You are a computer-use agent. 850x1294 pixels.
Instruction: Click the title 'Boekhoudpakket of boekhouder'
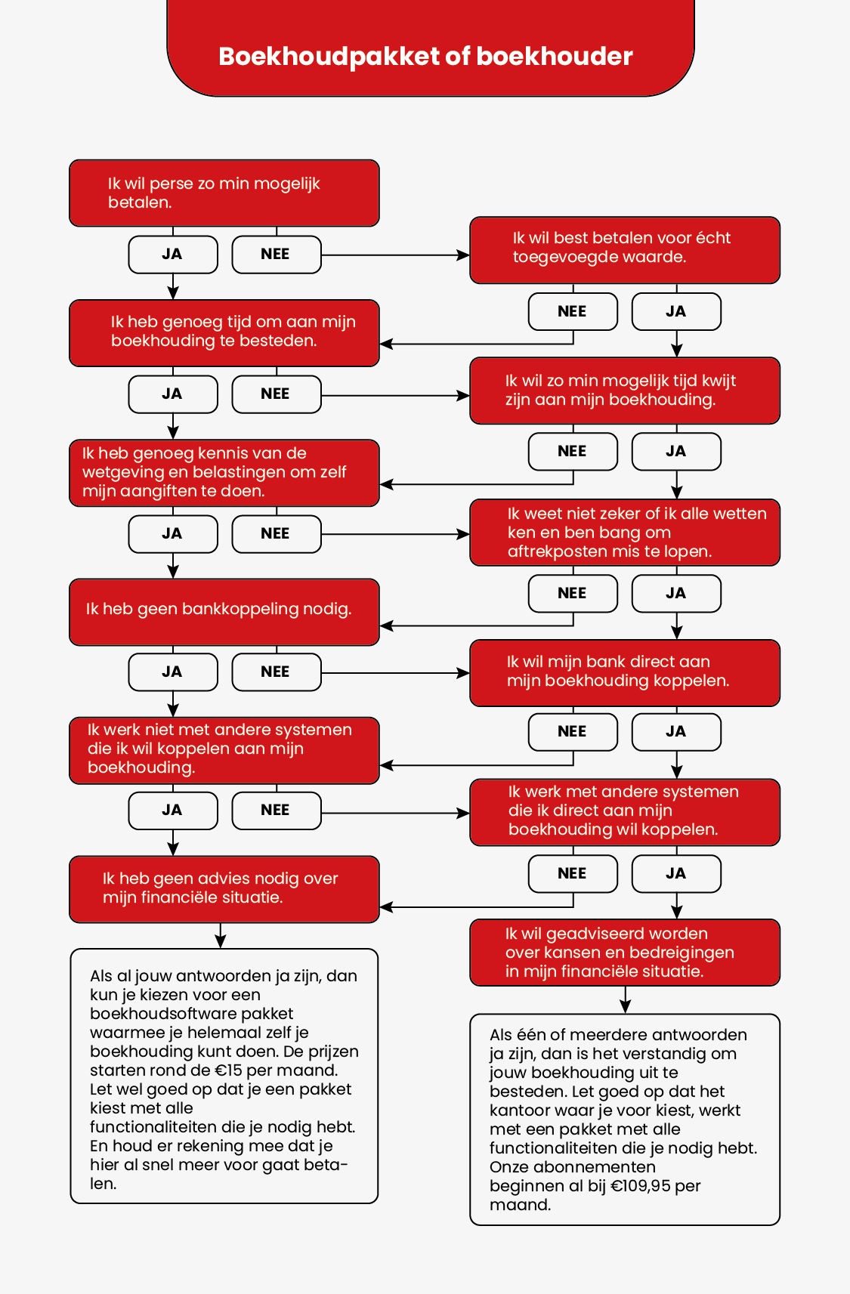point(425,57)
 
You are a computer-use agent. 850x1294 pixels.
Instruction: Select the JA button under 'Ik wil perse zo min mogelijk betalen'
point(173,255)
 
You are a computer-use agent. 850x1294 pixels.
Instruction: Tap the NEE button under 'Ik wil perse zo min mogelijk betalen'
point(276,255)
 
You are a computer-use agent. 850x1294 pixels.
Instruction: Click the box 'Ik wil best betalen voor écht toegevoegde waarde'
point(624,250)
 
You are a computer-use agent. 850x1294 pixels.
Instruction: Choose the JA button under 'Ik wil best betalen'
point(676,312)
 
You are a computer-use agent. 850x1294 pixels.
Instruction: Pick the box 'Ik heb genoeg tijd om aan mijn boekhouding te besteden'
point(224,332)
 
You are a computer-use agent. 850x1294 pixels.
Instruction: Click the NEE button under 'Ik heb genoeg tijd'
point(276,394)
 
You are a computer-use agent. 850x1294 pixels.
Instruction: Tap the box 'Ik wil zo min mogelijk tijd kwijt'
point(624,391)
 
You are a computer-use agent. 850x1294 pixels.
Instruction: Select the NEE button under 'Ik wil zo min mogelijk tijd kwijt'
point(573,452)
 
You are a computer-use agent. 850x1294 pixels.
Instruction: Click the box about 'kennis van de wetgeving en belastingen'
point(224,473)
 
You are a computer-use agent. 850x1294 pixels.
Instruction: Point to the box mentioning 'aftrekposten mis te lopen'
point(624,533)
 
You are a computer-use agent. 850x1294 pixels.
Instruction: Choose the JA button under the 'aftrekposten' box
point(676,594)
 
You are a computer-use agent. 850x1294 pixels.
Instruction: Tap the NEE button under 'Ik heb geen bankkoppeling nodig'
point(276,672)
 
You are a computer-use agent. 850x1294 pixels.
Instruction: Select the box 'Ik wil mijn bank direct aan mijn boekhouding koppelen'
point(624,672)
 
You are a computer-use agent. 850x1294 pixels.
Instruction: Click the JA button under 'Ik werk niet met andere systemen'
point(173,811)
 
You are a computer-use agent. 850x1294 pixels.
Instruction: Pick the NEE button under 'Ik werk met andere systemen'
point(573,874)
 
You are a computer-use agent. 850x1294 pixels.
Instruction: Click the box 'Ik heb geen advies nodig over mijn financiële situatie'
point(224,889)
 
